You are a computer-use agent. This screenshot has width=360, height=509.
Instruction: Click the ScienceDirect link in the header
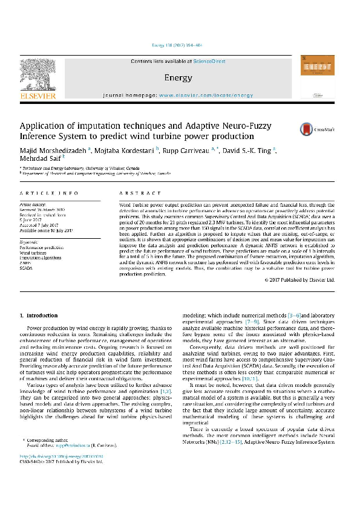[x=209, y=62]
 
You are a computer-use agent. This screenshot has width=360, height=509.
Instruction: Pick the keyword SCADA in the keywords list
[x=27, y=268]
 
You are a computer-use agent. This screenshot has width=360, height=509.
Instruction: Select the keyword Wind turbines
[x=33, y=253]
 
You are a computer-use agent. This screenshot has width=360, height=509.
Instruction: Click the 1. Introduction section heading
[x=39, y=316]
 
